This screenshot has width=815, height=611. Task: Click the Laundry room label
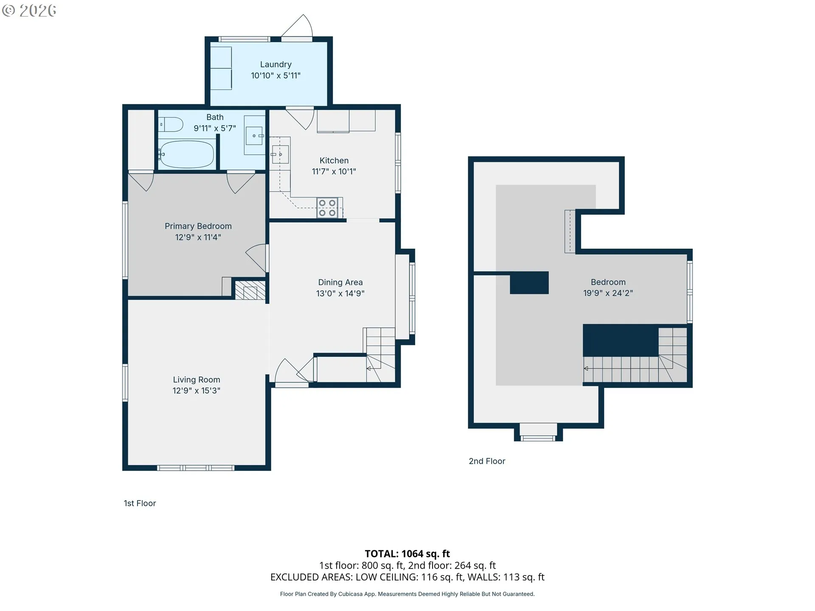276,64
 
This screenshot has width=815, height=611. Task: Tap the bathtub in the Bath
187,154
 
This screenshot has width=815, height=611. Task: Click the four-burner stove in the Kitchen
327,208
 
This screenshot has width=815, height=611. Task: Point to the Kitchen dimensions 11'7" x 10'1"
334,171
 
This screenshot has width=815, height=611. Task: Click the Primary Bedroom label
198,226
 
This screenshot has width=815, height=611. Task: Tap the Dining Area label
340,282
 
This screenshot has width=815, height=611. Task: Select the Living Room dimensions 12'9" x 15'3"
197,390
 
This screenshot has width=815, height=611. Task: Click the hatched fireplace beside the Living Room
250,291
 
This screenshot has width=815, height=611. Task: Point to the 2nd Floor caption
487,461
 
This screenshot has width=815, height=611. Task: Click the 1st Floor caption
140,503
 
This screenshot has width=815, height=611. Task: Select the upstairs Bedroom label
608,282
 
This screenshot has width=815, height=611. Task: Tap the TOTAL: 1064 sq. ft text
407,554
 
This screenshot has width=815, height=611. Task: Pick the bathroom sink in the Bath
254,136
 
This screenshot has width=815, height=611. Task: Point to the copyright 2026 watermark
29,11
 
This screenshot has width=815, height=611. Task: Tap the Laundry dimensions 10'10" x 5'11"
276,76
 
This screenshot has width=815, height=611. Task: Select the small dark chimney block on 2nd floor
529,283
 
